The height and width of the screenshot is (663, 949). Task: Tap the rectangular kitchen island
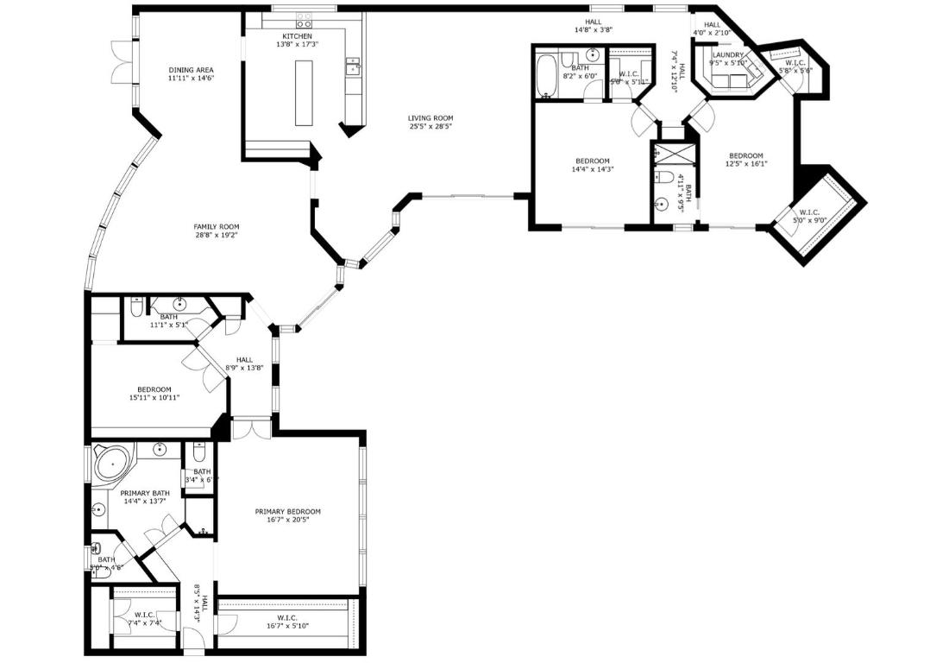[302, 93]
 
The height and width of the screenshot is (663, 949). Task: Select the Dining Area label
[191, 70]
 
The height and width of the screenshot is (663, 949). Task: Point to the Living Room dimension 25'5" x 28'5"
[431, 127]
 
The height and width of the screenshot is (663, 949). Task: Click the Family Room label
[217, 226]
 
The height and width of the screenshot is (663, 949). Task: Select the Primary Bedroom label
[287, 511]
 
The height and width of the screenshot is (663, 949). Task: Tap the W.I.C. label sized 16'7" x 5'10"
[287, 617]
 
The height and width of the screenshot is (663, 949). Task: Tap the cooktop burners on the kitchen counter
[305, 19]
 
